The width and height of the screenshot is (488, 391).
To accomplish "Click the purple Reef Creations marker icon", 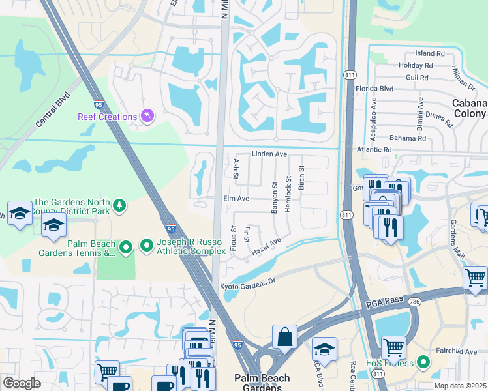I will click(148, 117).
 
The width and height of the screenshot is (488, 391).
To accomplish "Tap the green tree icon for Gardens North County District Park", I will click(119, 206).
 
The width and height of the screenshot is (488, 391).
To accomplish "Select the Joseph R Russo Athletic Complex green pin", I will click(146, 246).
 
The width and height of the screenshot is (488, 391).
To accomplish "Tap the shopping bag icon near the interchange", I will click(285, 338).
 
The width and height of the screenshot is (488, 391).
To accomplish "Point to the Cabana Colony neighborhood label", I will click(469, 108).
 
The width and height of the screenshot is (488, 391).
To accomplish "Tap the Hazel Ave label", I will click(266, 246).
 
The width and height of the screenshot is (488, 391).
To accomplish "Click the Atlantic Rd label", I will click(374, 149).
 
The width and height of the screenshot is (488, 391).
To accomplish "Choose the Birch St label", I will click(301, 177).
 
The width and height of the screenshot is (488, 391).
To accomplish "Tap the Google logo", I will click(22, 383).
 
